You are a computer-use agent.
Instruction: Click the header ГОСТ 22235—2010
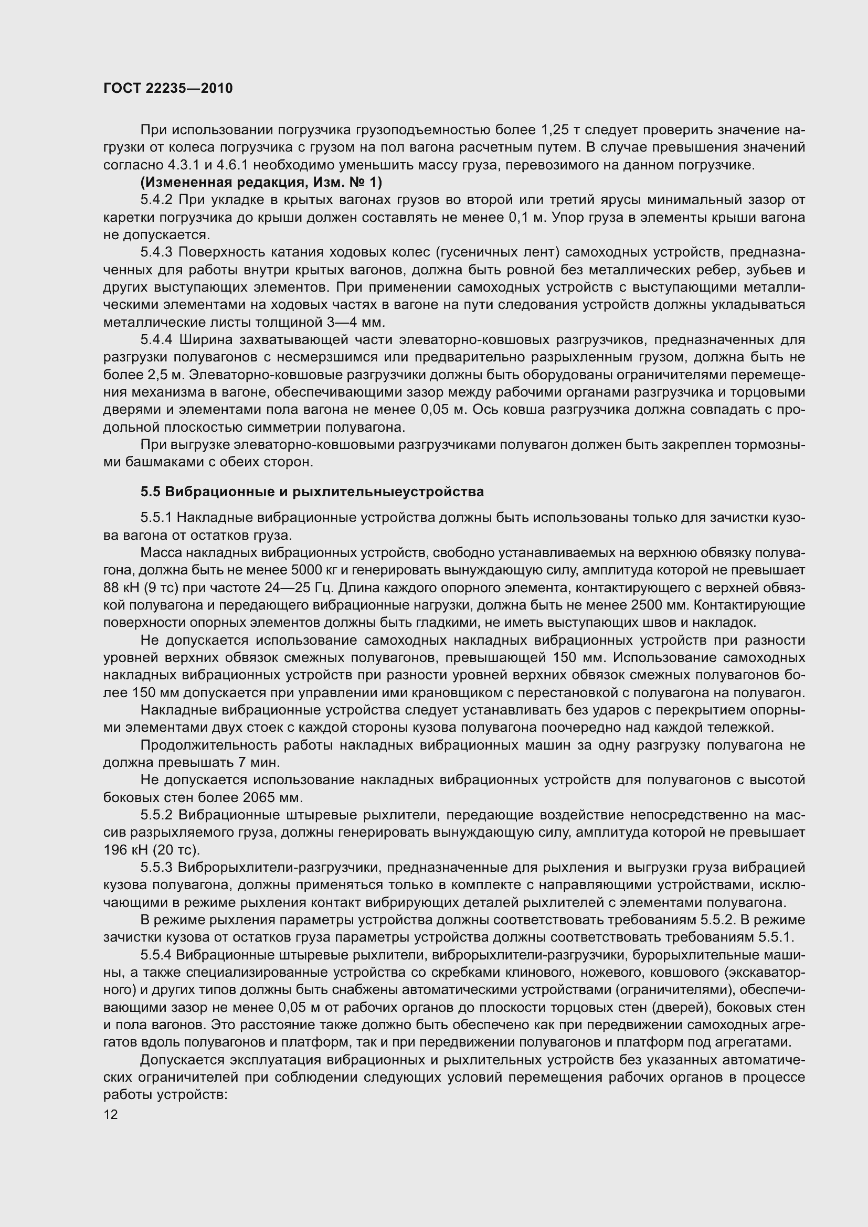click(168, 89)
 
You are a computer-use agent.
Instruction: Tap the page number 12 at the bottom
click(111, 1114)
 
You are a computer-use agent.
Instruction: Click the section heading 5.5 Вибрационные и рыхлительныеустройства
click(312, 491)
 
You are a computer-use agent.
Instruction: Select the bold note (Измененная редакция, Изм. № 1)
click(261, 183)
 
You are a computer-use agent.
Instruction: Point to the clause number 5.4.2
click(156, 200)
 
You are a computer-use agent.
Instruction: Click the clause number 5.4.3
click(156, 252)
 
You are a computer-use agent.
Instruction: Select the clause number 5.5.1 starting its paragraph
click(156, 517)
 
